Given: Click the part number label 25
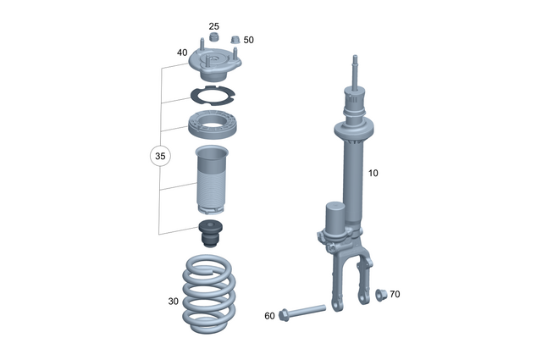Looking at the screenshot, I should (x=213, y=26).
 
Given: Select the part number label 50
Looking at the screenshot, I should (x=248, y=40).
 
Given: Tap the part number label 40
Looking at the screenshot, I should (x=182, y=53).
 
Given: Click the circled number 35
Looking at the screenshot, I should (x=160, y=156).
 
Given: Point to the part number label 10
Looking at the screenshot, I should (x=373, y=173).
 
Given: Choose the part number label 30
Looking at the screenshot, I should (x=174, y=301).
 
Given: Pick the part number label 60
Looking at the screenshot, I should (x=269, y=315).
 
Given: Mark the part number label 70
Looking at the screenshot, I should (x=395, y=294).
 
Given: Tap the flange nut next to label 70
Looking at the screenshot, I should (x=379, y=294).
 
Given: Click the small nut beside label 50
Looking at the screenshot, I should (x=235, y=40).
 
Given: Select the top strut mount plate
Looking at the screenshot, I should (x=213, y=64).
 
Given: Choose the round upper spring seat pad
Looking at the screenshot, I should (x=213, y=126).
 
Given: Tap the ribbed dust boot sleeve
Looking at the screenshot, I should (x=213, y=179).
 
